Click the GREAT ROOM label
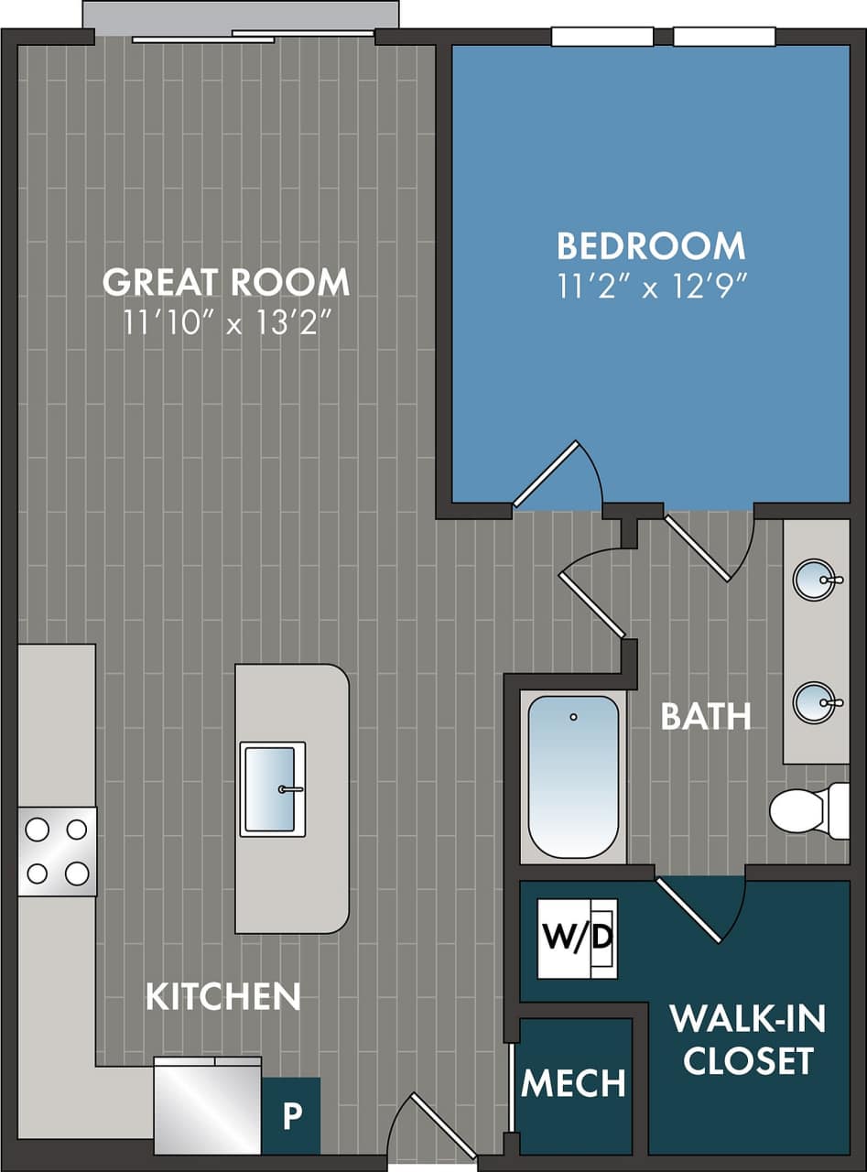pos(225,282)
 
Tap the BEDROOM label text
pos(651,246)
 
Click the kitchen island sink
pos(273,788)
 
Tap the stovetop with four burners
pos(57,852)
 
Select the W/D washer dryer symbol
pos(577,939)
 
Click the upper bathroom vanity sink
pos(814,580)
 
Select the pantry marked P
pos(291,1116)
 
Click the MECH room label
pos(573,1083)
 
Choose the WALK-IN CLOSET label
pos(748,1039)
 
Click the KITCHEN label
pos(223,997)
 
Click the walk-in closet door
pos(691,910)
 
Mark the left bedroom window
pos(601,37)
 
